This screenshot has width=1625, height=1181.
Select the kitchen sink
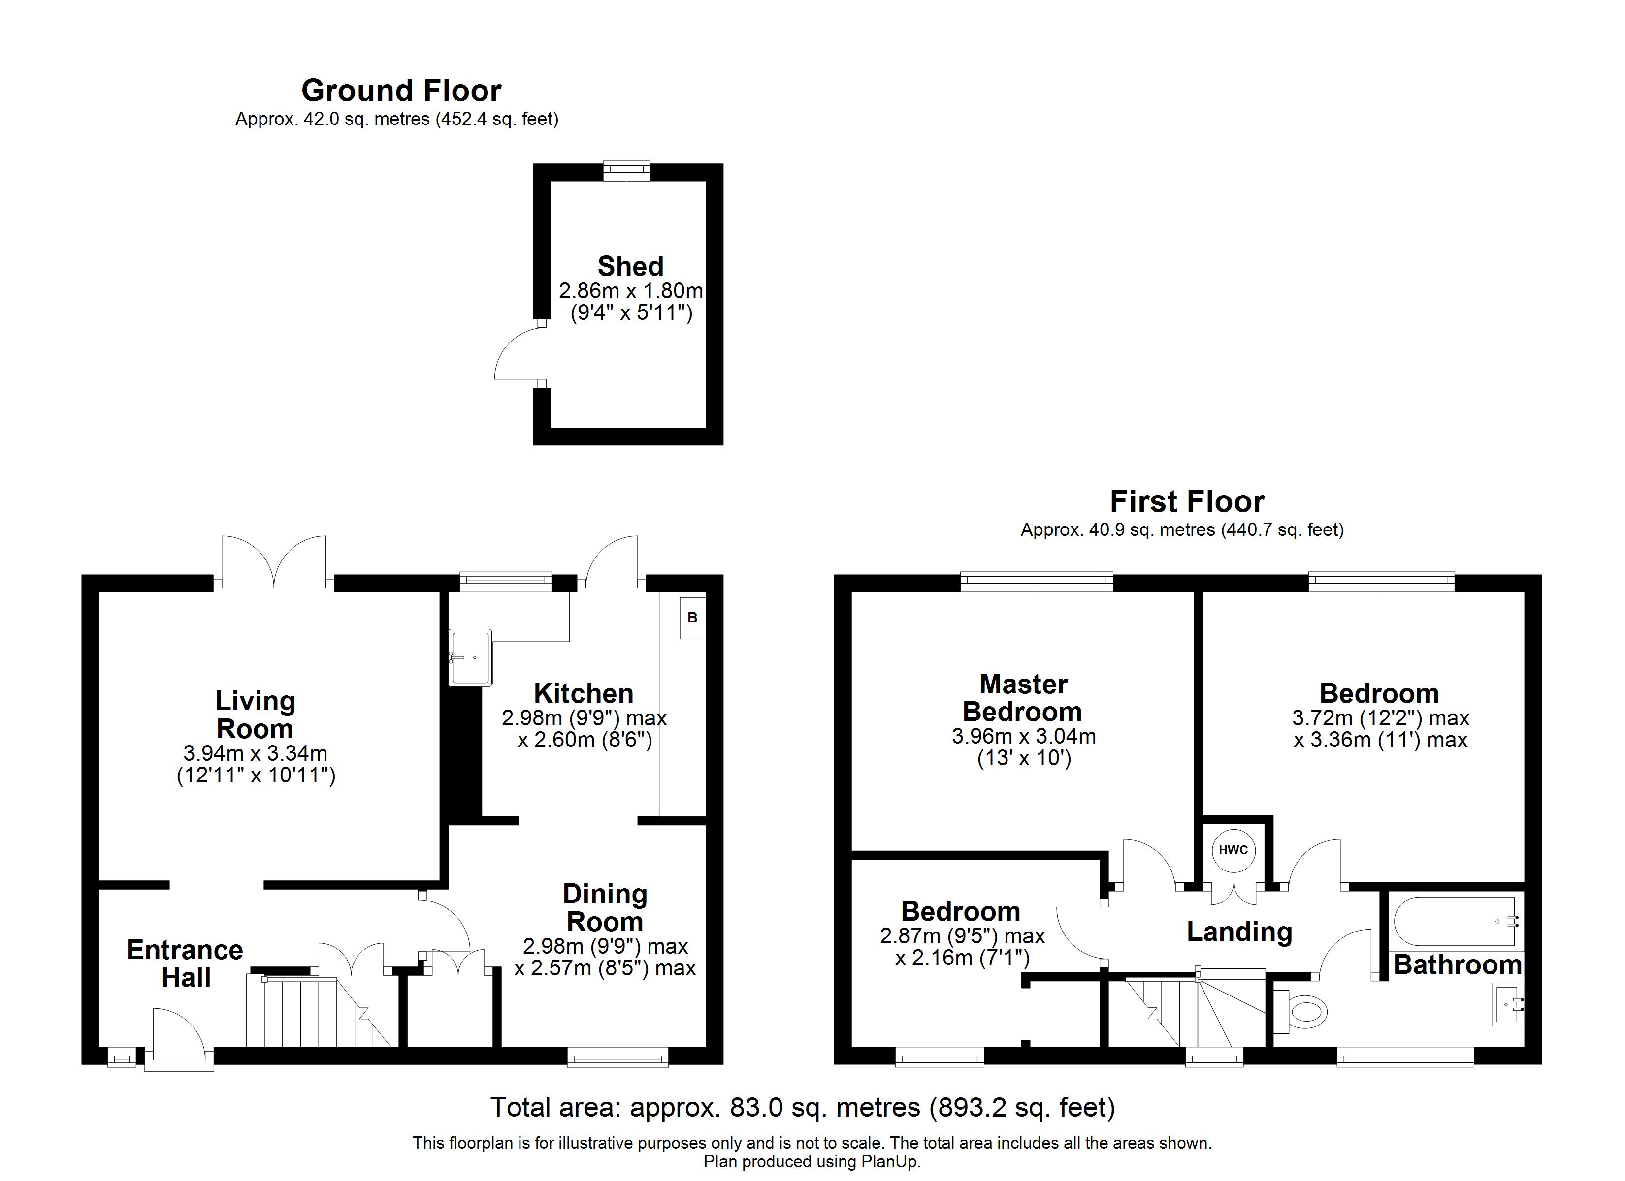coord(471,657)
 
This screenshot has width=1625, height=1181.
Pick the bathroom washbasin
coord(1507,1004)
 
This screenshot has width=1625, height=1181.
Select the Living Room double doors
coord(274,563)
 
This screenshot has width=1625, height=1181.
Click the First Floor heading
coord(1187,501)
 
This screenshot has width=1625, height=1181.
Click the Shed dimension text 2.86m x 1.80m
coord(630,291)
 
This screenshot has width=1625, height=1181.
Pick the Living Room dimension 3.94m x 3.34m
coord(256,753)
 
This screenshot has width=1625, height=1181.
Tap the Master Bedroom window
coord(1036,582)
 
